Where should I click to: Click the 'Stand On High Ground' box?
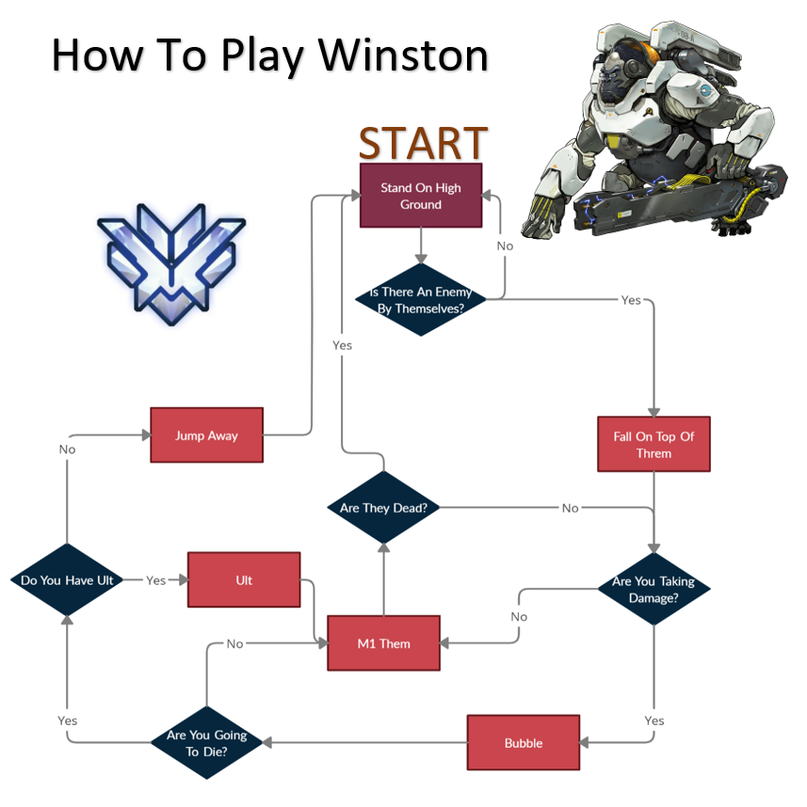click(x=421, y=196)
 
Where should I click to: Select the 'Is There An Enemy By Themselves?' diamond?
click(x=421, y=300)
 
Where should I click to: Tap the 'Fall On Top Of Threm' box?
click(x=654, y=444)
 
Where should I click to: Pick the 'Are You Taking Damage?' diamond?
click(x=654, y=589)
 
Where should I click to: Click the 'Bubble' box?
click(x=524, y=743)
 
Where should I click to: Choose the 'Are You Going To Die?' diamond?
click(x=206, y=743)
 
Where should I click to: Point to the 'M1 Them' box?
click(x=383, y=643)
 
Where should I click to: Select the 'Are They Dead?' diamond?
click(x=383, y=508)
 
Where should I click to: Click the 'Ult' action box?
click(x=244, y=580)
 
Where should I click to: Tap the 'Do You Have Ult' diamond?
click(x=67, y=580)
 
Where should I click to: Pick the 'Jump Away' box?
click(x=206, y=435)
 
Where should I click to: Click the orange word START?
click(x=423, y=143)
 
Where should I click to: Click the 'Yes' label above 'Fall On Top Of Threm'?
click(x=631, y=300)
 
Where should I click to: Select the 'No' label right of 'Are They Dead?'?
click(x=571, y=508)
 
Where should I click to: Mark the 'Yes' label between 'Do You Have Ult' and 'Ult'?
click(x=156, y=580)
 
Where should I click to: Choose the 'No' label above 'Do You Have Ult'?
click(x=67, y=450)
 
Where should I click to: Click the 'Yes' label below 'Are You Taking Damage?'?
click(x=654, y=720)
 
